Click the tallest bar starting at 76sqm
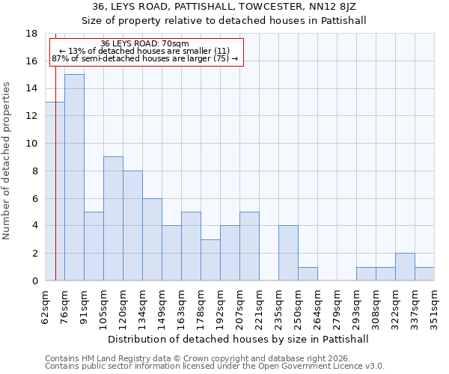tap(74, 177)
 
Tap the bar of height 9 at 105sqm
tap(113, 218)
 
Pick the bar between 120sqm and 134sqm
tap(132, 225)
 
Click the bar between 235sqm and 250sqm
tap(288, 253)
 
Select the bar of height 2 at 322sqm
tap(405, 267)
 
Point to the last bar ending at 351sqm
tap(424, 274)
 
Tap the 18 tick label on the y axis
tap(31, 34)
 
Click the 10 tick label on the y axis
tap(31, 144)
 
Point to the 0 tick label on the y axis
tap(34, 281)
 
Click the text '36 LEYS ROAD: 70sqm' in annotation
tap(144, 44)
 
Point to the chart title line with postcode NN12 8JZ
tap(224, 7)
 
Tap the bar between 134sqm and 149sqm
tap(152, 239)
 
